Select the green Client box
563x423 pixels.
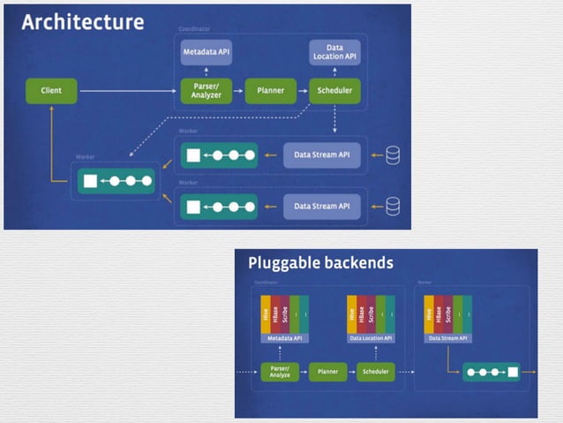(x=51, y=89)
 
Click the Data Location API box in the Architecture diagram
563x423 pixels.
(x=334, y=52)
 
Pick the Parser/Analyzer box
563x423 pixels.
(x=206, y=90)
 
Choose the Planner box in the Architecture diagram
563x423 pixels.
(x=270, y=90)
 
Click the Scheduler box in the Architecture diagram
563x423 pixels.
(x=334, y=90)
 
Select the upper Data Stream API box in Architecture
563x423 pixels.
(x=323, y=155)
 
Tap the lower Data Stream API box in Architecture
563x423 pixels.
(x=323, y=206)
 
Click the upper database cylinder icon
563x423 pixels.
(x=393, y=155)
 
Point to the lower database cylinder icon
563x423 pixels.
(x=393, y=206)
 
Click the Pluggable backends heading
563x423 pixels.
(x=319, y=262)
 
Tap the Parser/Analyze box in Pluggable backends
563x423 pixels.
(x=281, y=372)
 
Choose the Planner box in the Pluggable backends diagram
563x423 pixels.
(x=327, y=372)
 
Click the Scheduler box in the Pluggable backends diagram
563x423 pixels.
(x=374, y=372)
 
